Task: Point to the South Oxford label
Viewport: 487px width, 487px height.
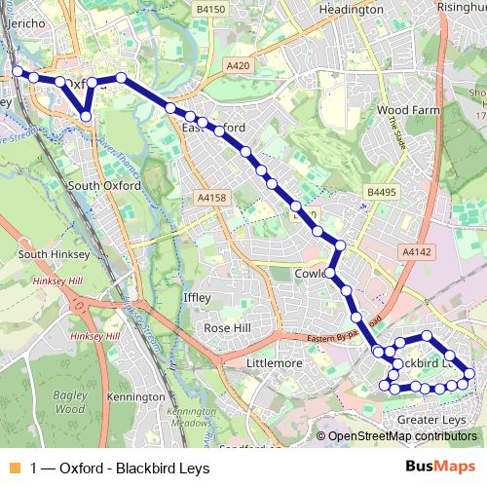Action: click(x=104, y=185)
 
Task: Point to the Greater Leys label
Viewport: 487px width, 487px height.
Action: click(x=432, y=420)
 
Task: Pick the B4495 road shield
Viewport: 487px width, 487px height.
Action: click(x=383, y=193)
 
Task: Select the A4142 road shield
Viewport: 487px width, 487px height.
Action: click(x=419, y=251)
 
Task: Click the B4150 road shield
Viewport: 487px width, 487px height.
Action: click(x=209, y=9)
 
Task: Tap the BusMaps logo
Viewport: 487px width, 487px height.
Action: click(x=440, y=467)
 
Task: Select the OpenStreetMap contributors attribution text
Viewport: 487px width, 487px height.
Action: click(x=398, y=436)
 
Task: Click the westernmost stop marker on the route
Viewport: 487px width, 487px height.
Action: click(x=18, y=71)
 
